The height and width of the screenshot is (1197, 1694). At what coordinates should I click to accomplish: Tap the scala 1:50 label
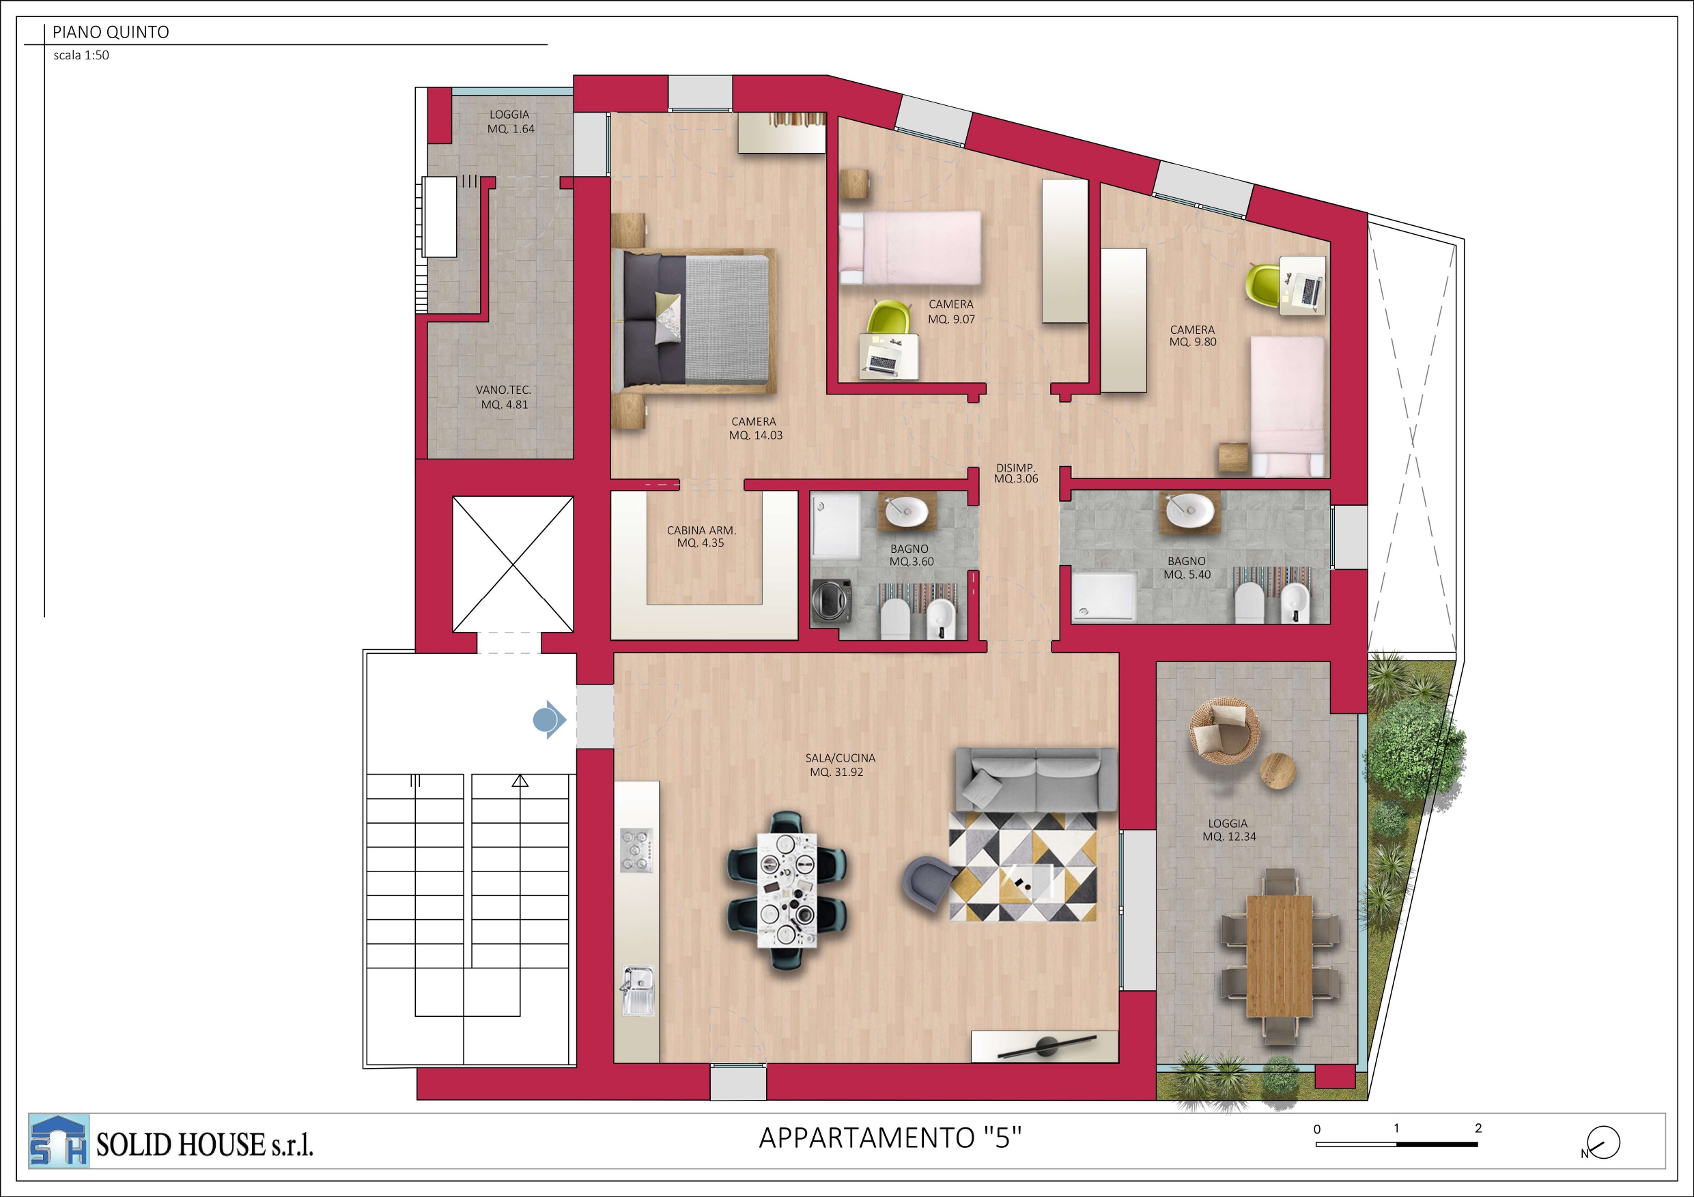pos(81,55)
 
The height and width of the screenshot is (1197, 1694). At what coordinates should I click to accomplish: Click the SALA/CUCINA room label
pos(841,758)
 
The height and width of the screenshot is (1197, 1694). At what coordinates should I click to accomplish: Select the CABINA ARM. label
pos(702,530)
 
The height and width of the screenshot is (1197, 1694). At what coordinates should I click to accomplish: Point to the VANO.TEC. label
pos(503,390)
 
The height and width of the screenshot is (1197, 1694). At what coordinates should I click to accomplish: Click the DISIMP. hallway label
pos(1016,467)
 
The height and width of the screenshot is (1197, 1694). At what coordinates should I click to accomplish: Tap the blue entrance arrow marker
pos(549,719)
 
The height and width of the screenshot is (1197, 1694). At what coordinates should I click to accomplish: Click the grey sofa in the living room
pos(1036,779)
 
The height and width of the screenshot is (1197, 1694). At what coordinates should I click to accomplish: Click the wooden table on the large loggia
pos(1280,956)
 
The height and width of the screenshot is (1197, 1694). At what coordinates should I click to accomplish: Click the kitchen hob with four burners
pos(636,850)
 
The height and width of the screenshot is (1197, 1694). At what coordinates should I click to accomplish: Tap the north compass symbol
pos(1602,1143)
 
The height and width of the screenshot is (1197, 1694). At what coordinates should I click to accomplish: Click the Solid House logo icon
pos(59,1141)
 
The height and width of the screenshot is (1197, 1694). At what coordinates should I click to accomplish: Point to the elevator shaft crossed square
pos(513,564)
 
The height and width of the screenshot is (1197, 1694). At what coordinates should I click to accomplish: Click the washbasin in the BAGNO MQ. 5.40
pos(1189,510)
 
